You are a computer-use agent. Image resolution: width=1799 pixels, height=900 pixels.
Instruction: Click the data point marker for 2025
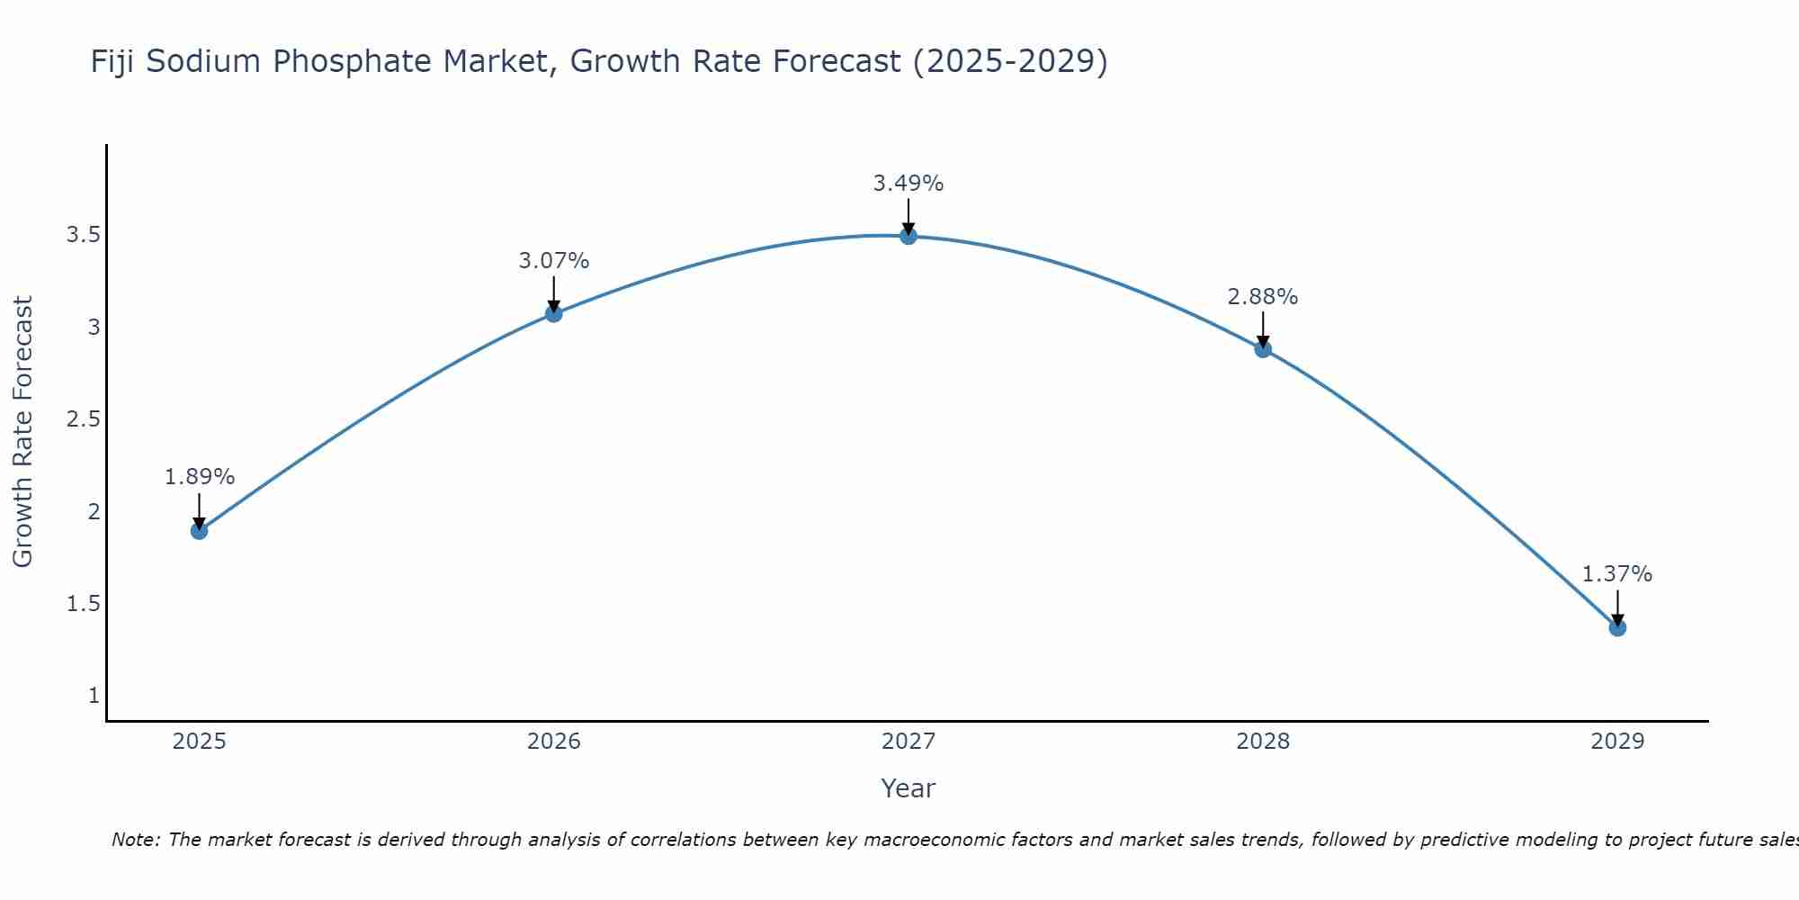point(200,531)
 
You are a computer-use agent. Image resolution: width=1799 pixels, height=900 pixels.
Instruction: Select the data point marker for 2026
point(554,313)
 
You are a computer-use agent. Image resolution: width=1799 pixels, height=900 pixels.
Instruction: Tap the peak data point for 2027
point(908,236)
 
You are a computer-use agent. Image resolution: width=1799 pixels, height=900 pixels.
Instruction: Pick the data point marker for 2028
point(1263,349)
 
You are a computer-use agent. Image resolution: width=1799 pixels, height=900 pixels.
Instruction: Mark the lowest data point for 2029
point(1617,627)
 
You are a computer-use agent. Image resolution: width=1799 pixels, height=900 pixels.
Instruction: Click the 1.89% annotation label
point(200,477)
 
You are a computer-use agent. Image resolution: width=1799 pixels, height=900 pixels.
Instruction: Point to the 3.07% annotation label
point(554,261)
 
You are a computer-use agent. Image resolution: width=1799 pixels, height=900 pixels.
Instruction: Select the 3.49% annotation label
point(908,184)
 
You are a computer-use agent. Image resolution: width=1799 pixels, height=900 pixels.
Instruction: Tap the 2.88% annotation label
point(1263,297)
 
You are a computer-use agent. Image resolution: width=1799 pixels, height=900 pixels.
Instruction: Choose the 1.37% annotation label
point(1617,574)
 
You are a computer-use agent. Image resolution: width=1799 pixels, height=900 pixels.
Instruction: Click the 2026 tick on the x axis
point(554,742)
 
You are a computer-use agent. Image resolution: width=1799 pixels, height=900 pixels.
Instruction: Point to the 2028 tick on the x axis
point(1263,742)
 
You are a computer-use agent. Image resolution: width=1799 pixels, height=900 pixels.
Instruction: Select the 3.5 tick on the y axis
point(83,236)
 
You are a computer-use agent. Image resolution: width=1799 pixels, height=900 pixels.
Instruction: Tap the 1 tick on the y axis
point(94,696)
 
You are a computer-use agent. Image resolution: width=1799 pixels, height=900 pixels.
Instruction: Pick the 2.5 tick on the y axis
point(83,419)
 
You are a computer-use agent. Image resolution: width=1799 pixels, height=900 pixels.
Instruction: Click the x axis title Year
point(908,788)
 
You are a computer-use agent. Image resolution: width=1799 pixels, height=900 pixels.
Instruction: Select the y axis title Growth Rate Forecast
point(23,432)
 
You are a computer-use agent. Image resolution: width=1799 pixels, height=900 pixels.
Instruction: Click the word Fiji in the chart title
point(113,61)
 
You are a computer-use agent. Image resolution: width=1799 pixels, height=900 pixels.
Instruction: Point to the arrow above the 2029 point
point(1617,607)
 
